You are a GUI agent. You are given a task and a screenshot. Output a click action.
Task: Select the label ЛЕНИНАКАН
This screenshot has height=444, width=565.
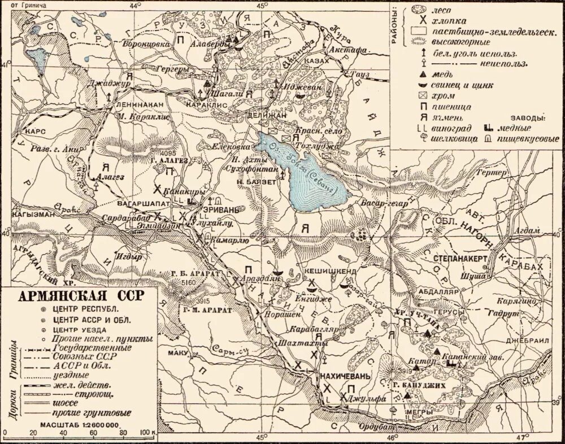click(x=141, y=105)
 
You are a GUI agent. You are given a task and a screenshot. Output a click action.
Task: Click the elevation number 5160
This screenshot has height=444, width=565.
click(x=189, y=281)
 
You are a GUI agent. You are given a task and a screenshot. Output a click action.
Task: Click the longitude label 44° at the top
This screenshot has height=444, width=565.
click(x=134, y=5)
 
